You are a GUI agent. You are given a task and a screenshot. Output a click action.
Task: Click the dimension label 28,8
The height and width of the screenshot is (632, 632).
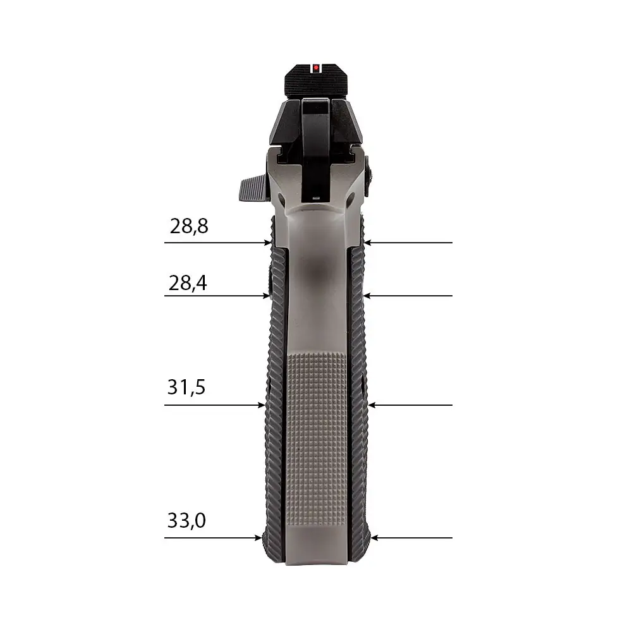[x=189, y=226]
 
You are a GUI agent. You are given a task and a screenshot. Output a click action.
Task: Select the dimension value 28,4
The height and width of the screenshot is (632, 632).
[x=188, y=283]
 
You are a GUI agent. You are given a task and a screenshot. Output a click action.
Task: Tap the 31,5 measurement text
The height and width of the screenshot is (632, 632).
[x=186, y=387]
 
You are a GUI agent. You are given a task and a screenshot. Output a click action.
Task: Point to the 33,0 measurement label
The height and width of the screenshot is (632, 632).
[x=186, y=521]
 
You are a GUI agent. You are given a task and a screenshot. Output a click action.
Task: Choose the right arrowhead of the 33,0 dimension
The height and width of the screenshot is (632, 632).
[x=374, y=538]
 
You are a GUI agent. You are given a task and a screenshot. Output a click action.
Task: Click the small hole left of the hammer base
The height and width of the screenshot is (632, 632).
[x=279, y=198]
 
